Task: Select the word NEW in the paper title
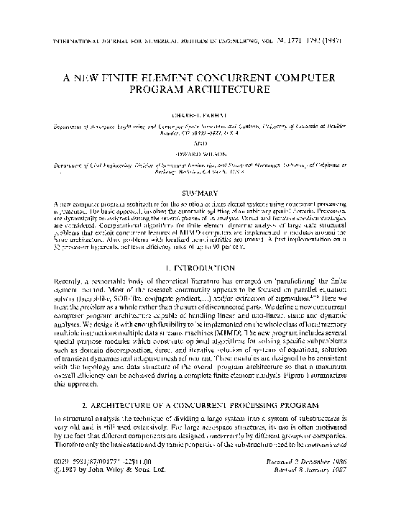[106, 76]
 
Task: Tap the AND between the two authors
[200, 142]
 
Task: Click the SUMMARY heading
[200, 193]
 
